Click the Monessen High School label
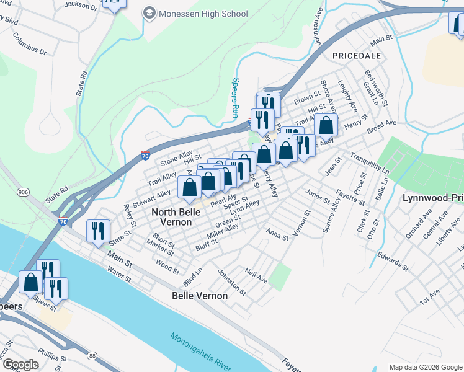pyautogui.click(x=203, y=14)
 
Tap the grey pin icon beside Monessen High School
pyautogui.click(x=149, y=13)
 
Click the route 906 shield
pyautogui.click(x=24, y=192)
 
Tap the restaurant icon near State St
pyautogui.click(x=98, y=231)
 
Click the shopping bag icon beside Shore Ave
pyautogui.click(x=326, y=126)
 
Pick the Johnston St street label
pyautogui.click(x=231, y=281)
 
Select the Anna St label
pyautogui.click(x=277, y=236)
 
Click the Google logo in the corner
pyautogui.click(x=21, y=365)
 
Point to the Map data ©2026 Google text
pyautogui.click(x=425, y=367)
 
